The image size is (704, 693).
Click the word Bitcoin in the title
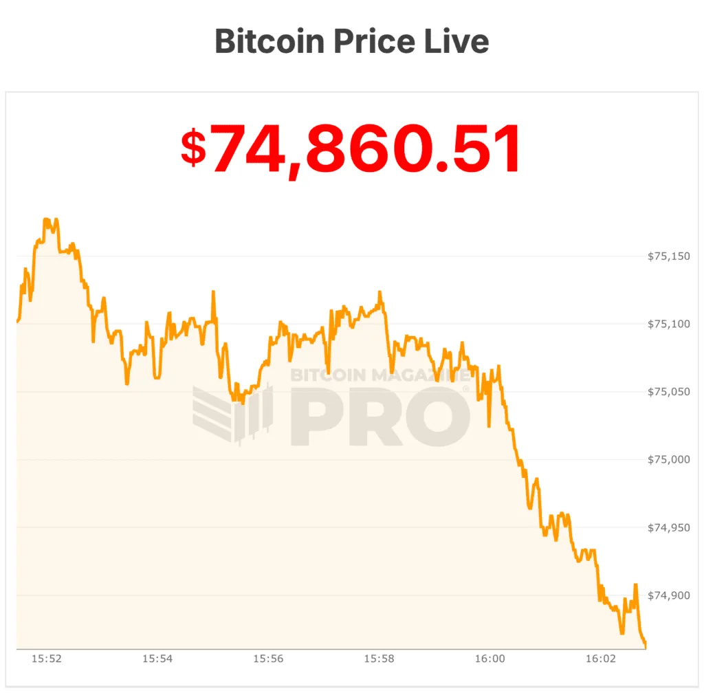point(269,41)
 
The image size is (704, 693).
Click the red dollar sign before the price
point(194,148)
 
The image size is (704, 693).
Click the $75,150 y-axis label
point(669,256)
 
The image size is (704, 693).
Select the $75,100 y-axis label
point(669,324)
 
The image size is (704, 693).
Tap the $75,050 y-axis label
point(669,392)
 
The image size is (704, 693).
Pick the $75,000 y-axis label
point(669,459)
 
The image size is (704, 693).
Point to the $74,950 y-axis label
point(669,527)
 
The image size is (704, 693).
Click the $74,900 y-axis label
point(669,595)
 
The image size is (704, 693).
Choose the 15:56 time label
point(267,659)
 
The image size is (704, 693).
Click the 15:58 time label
point(379,659)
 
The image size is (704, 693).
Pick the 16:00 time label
point(489,659)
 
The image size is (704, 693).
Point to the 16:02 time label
point(600,659)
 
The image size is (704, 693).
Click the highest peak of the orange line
point(46,219)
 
